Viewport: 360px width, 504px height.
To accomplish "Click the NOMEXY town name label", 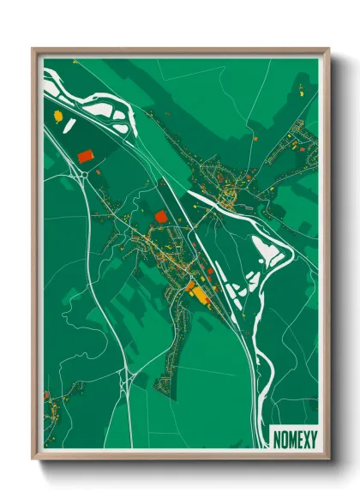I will click(x=294, y=437).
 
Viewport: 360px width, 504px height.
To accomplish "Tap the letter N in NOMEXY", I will click(x=277, y=437).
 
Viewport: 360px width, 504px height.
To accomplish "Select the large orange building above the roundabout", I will click(x=84, y=156).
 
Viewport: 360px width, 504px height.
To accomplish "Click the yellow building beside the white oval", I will click(x=57, y=116).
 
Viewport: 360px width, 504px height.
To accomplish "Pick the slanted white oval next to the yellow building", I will click(x=68, y=125).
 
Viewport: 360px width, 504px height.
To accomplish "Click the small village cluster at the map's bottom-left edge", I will click(x=53, y=407).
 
